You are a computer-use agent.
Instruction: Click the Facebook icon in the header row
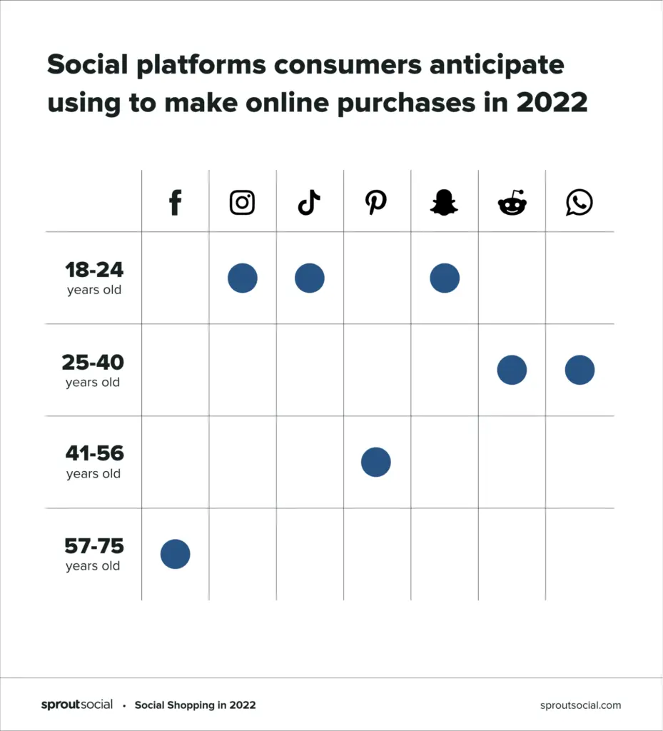tap(175, 203)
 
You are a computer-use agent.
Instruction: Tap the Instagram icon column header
tap(242, 203)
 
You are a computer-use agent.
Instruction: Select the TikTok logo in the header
tap(309, 203)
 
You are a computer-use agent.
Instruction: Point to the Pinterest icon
tap(375, 203)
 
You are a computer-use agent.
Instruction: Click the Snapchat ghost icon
tap(444, 203)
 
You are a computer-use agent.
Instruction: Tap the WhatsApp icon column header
tap(579, 203)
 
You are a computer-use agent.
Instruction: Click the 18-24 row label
tap(94, 278)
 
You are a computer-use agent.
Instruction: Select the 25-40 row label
tap(93, 370)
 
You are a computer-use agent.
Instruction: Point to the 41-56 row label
tap(94, 461)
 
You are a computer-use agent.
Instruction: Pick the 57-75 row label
tap(93, 554)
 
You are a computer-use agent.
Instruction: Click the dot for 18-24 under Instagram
tap(243, 278)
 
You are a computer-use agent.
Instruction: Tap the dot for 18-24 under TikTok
tap(310, 278)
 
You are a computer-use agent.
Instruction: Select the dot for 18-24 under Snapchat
tap(445, 278)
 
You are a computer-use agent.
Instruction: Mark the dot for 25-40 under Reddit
tap(512, 370)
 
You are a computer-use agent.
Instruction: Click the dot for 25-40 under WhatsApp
tap(580, 370)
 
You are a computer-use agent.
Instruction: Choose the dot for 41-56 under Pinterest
tap(376, 462)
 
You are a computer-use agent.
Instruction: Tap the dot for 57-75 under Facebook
tap(176, 554)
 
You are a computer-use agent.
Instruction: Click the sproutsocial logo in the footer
tap(77, 705)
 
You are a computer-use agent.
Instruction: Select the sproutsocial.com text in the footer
tap(580, 705)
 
